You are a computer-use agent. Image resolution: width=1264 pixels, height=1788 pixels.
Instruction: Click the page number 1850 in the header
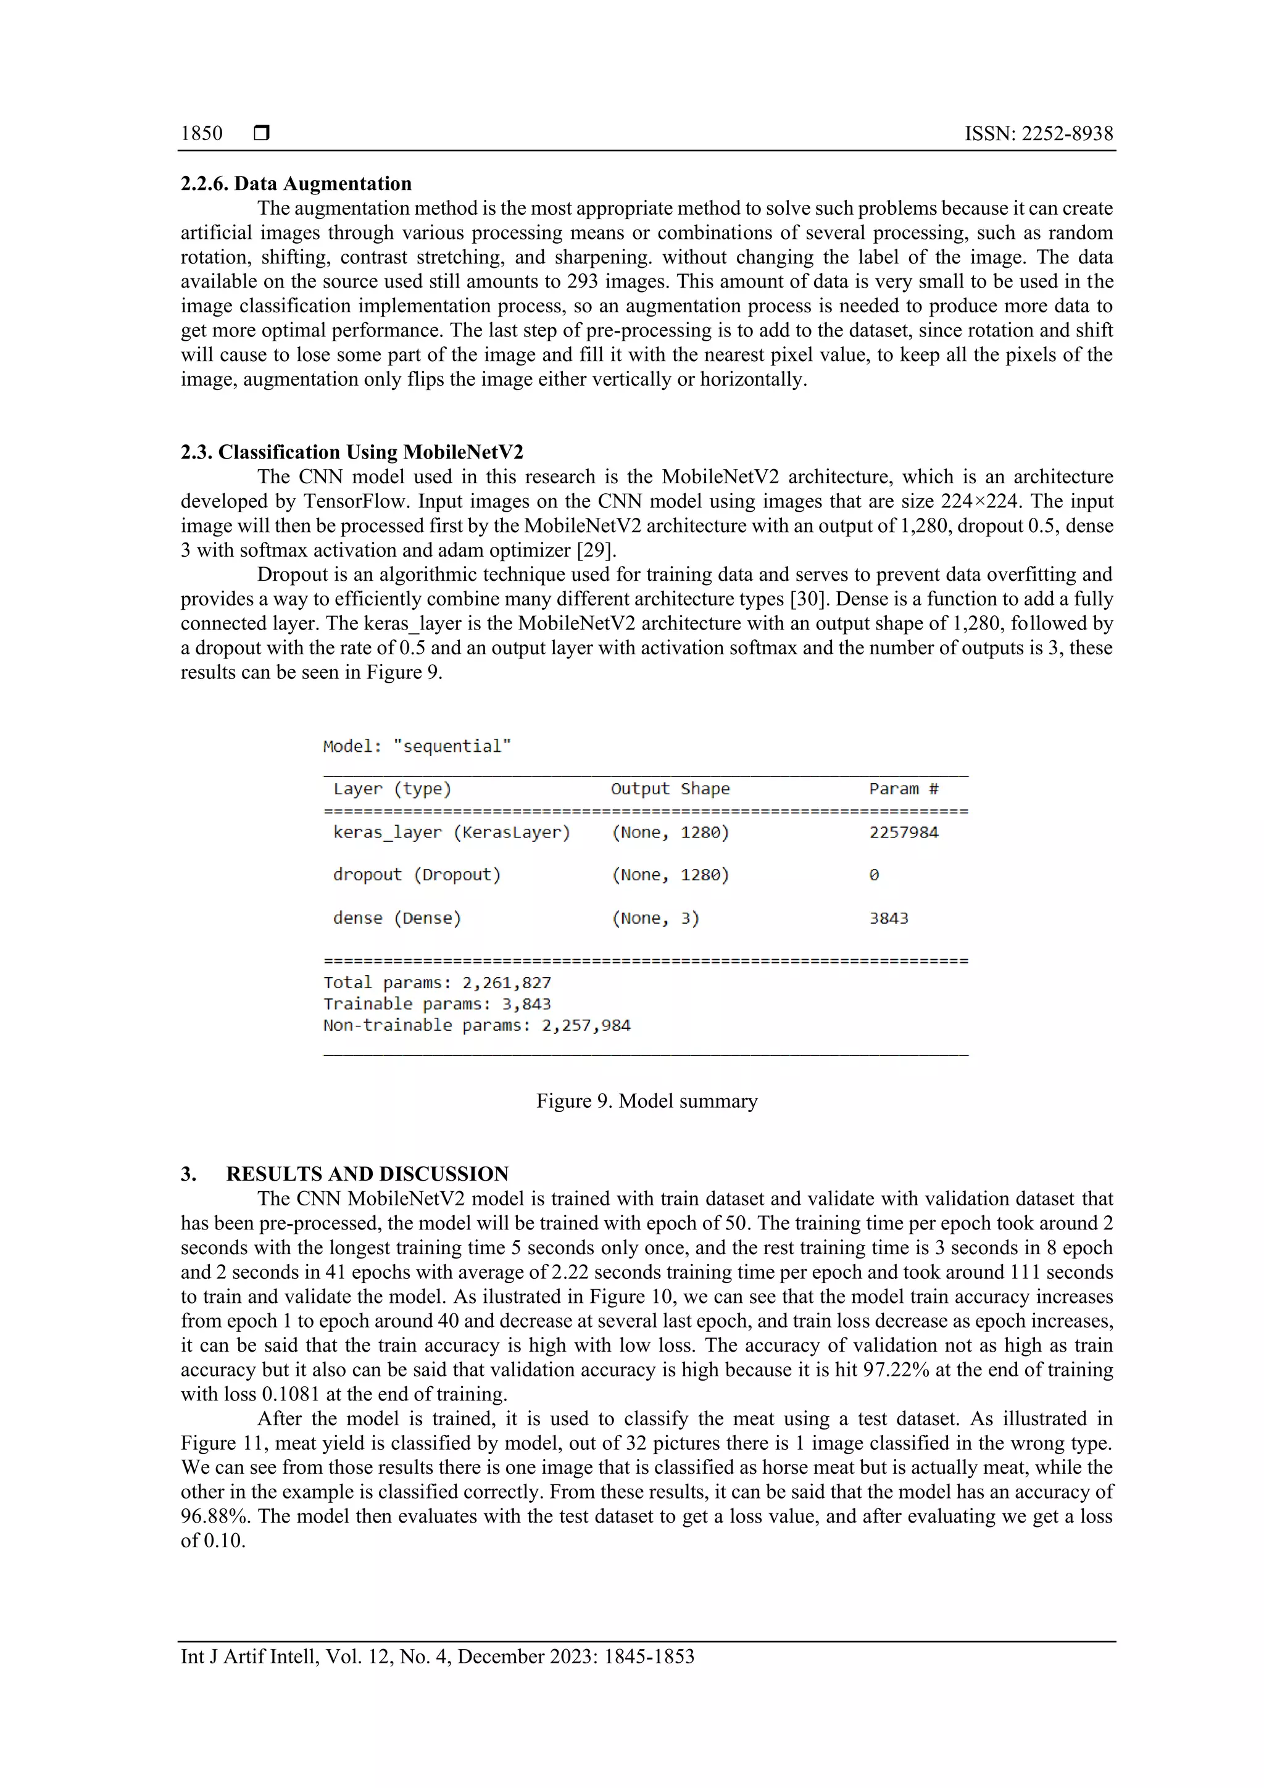201,133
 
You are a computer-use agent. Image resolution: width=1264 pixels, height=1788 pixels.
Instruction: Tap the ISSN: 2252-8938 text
1038,133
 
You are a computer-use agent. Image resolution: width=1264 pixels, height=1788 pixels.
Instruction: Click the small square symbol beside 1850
262,133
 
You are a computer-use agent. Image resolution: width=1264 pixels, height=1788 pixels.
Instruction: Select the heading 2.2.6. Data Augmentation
296,184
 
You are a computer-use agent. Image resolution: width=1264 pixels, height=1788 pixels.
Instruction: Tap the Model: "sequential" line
417,746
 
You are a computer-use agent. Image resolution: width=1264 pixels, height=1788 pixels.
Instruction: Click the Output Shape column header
670,789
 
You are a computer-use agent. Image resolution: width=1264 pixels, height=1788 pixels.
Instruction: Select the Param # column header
904,789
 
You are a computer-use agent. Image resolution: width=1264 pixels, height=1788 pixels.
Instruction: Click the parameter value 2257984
904,833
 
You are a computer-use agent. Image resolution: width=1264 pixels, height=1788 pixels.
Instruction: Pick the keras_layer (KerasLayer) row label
452,833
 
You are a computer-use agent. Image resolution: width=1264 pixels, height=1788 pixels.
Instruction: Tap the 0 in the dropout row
874,875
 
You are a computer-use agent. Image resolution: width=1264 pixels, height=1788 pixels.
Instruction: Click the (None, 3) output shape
655,918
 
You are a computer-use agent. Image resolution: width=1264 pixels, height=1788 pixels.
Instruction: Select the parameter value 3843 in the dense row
889,918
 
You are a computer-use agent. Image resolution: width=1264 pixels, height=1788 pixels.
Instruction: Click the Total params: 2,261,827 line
437,983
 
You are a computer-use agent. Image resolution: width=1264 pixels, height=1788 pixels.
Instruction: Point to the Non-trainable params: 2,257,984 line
476,1026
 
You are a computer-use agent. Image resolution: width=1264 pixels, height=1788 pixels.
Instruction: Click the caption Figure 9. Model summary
646,1101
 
